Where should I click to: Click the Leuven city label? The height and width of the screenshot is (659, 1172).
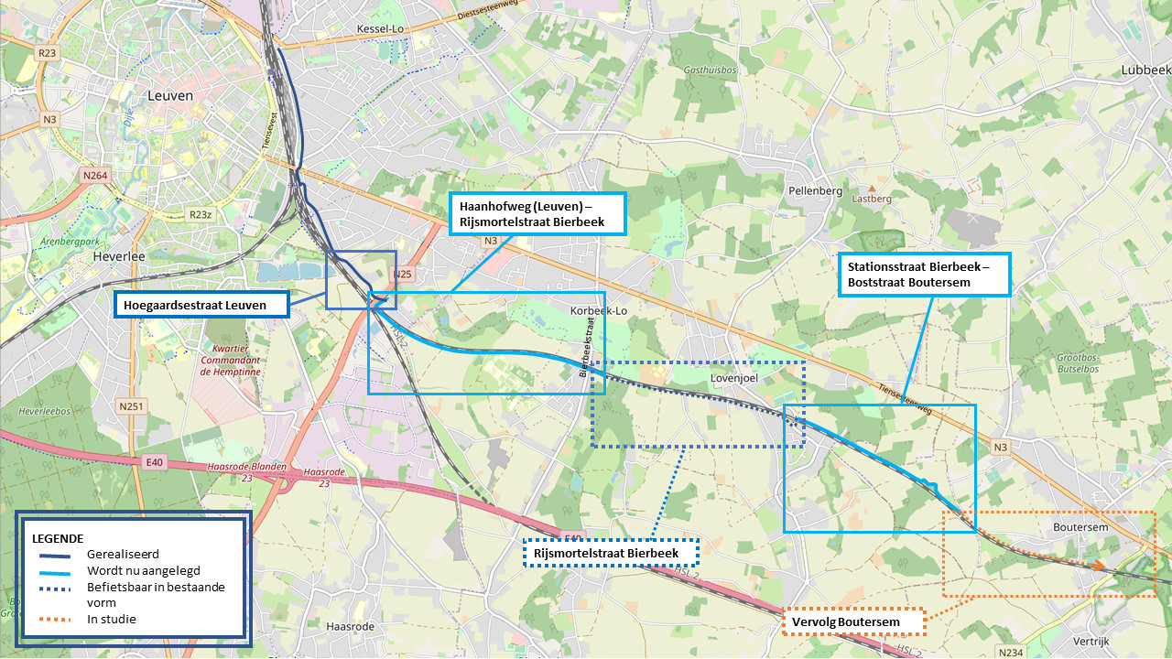169,95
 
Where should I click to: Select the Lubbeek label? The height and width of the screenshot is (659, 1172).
1145,70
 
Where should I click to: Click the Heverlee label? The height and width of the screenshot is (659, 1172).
119,257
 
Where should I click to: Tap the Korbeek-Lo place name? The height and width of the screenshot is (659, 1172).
599,311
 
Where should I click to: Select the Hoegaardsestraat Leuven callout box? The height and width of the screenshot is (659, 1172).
201,305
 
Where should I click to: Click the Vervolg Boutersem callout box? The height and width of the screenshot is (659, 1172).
852,622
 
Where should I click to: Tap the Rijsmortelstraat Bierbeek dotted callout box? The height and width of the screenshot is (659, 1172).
611,554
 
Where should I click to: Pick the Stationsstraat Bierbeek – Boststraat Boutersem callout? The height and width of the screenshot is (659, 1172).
924,275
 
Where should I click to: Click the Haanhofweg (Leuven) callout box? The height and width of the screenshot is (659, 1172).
537,214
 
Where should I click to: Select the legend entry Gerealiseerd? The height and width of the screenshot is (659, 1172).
124,554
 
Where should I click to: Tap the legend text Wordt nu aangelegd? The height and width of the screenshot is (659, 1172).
144,570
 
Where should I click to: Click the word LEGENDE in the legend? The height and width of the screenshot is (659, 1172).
58,537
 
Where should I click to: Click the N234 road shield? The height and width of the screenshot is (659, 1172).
1011,652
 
